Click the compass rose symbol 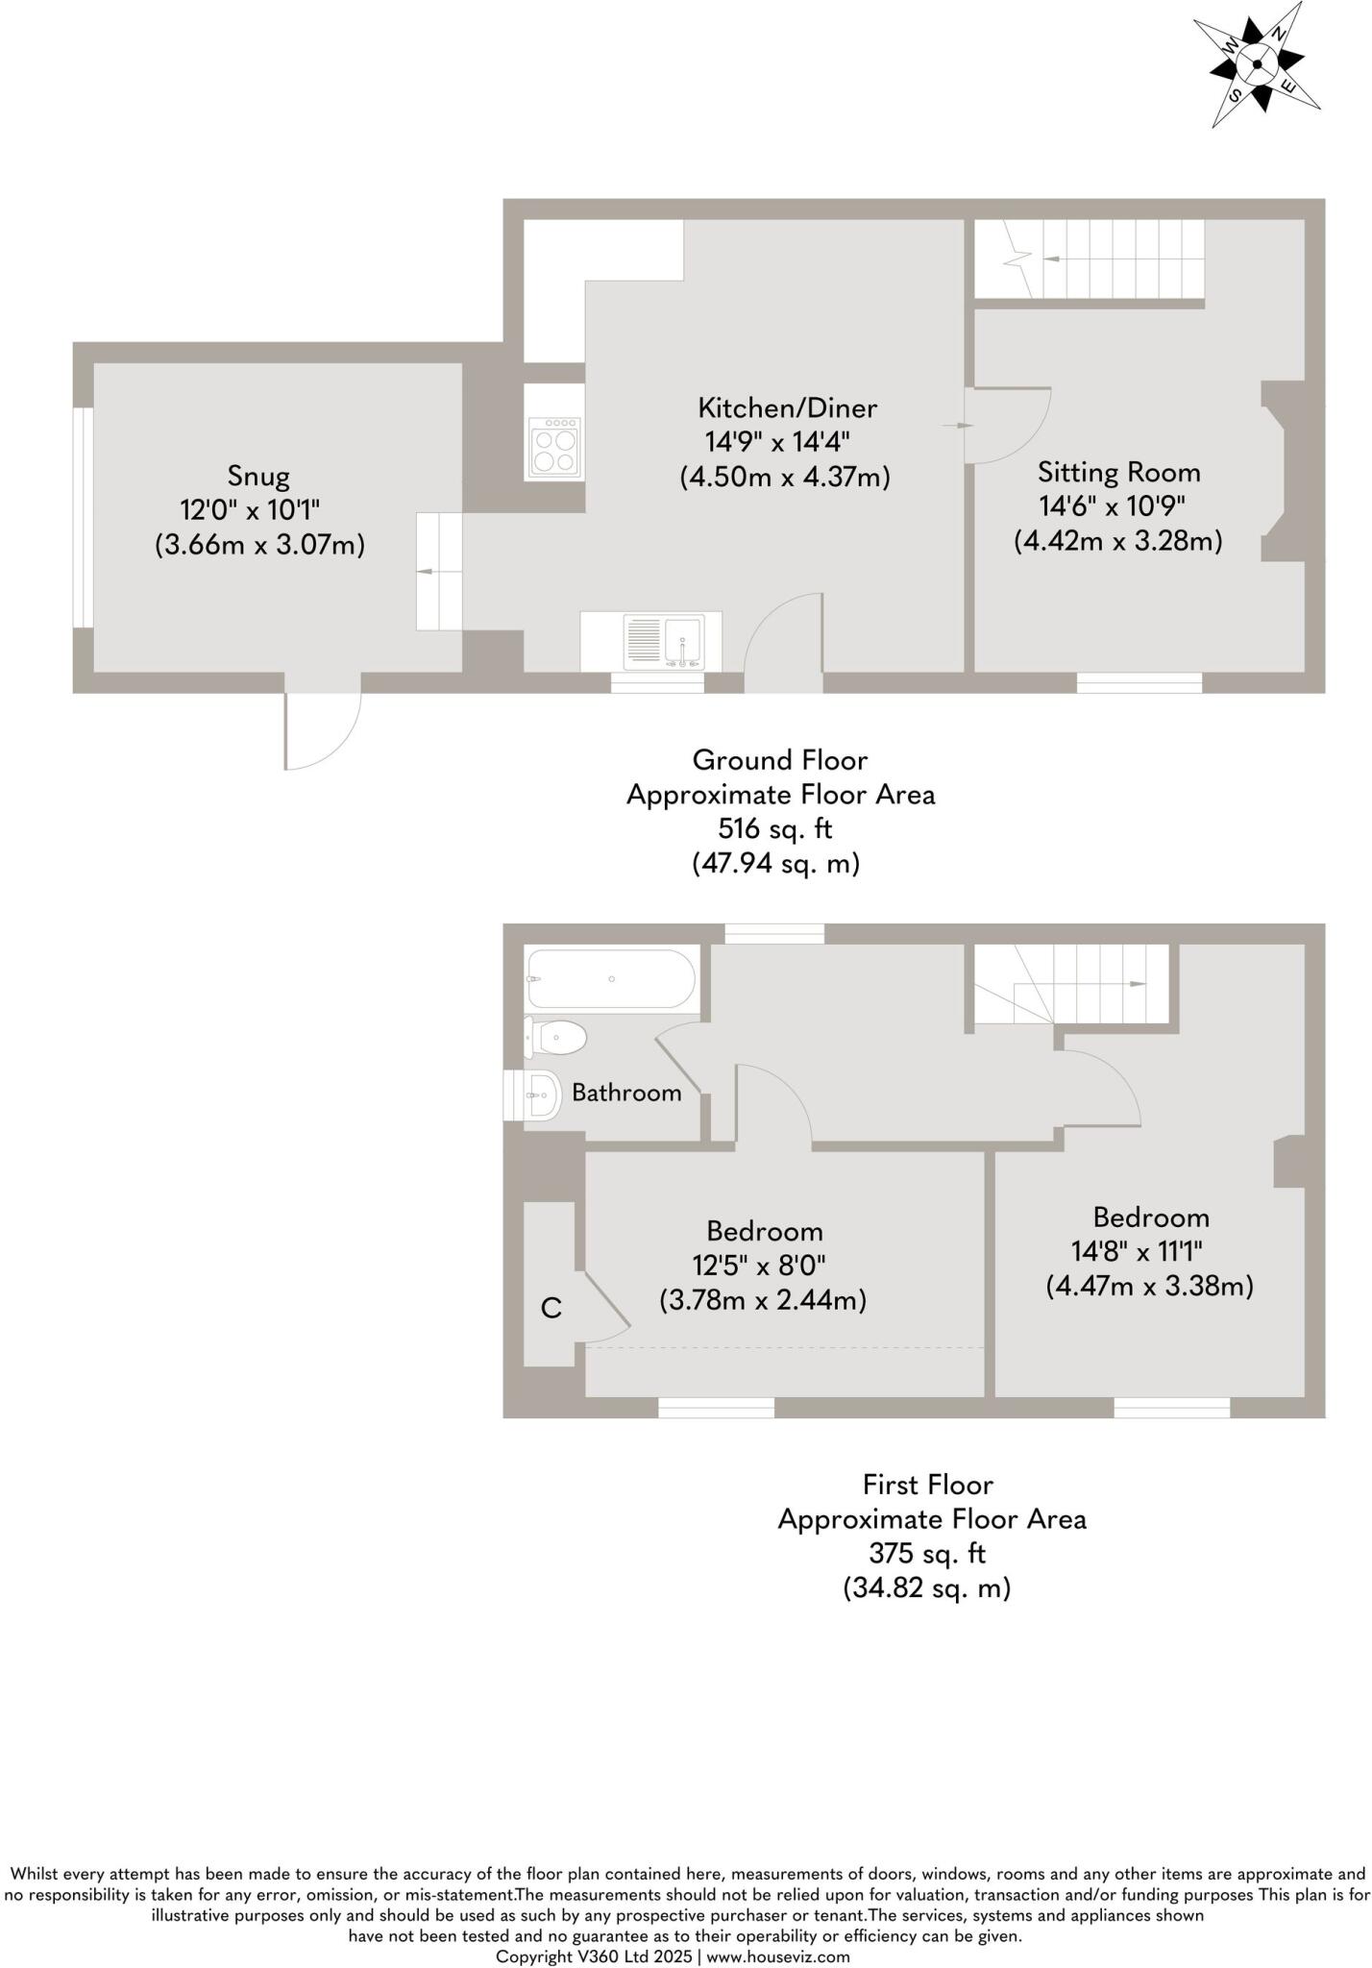[x=1257, y=64]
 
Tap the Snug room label [x=258, y=476]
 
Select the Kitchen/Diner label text [x=787, y=408]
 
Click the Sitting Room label [x=1118, y=472]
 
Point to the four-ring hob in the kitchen [x=555, y=448]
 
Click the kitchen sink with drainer [x=664, y=642]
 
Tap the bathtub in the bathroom [x=611, y=979]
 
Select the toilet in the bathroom [x=557, y=1038]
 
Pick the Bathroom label [x=626, y=1093]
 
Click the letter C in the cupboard [x=551, y=1308]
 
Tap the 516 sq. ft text [x=775, y=828]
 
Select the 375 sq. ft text [x=927, y=1553]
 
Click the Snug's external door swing [x=322, y=730]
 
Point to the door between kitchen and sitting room [x=1006, y=425]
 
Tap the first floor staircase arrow [x=1134, y=984]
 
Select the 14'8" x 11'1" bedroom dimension [x=1137, y=1251]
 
